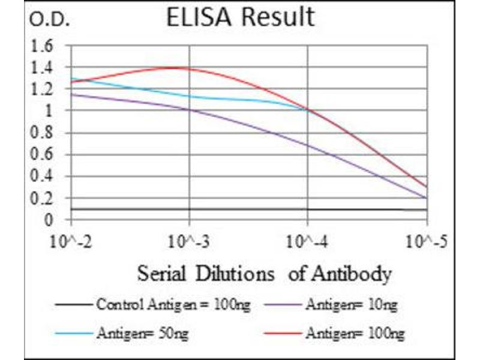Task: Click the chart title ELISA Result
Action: [x=240, y=18]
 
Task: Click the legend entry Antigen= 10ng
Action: [x=351, y=305]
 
